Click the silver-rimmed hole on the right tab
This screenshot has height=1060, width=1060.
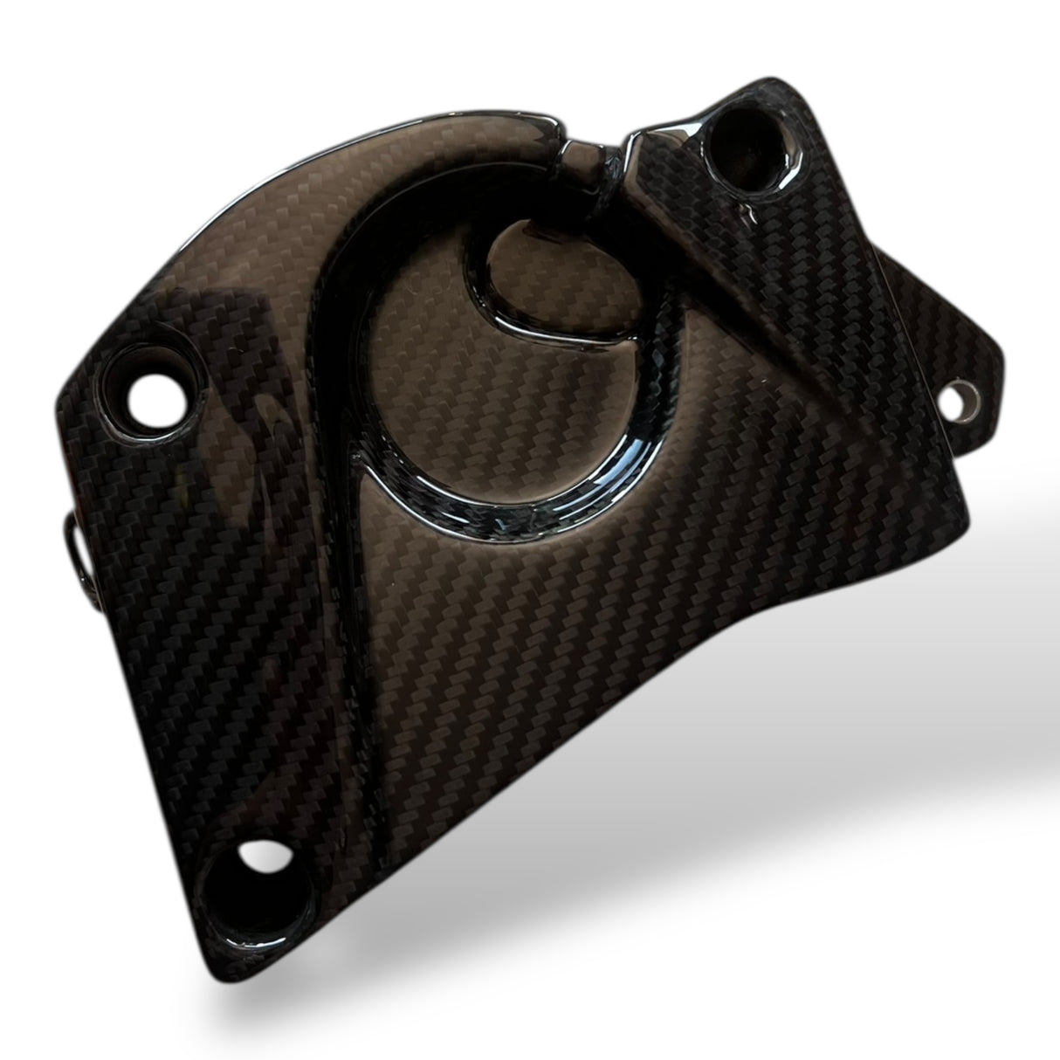[963, 396]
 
